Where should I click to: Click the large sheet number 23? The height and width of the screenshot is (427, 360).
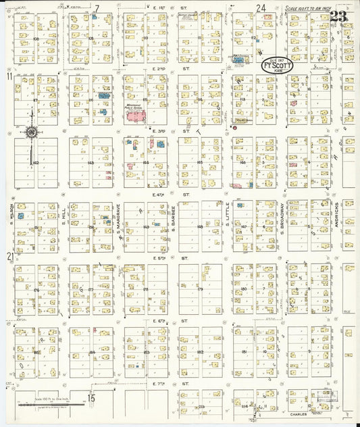tap(340, 18)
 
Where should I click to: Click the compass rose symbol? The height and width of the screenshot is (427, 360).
tap(31, 132)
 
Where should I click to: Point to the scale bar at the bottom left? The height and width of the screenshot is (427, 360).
tap(51, 405)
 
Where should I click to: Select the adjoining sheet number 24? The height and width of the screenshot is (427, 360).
tap(261, 8)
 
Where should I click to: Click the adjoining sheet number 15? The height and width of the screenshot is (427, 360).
tap(91, 398)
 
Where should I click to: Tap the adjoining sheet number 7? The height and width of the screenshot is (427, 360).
tap(97, 8)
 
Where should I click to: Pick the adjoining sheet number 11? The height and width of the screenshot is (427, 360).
tap(9, 78)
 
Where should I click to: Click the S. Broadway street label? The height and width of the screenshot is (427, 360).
tap(282, 218)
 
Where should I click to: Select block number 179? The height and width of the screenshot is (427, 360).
tap(200, 290)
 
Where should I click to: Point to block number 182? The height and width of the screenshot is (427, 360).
tap(200, 353)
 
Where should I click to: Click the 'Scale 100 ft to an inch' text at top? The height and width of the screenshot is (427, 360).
tap(307, 9)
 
